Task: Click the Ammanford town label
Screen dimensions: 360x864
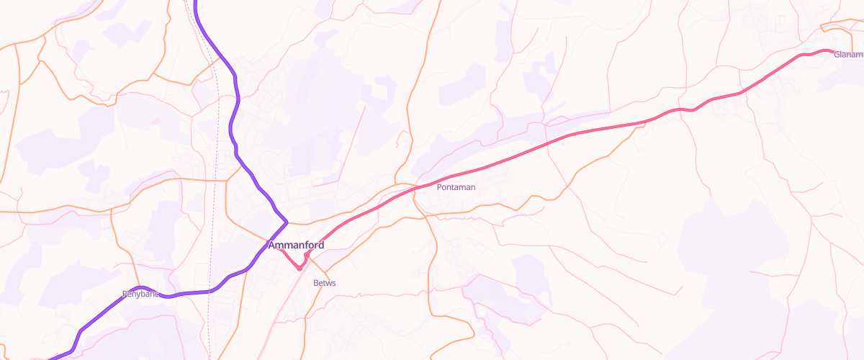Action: click(296, 245)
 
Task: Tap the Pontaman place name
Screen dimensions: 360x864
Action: click(456, 187)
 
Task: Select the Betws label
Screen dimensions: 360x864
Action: click(325, 283)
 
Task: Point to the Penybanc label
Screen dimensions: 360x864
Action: click(140, 294)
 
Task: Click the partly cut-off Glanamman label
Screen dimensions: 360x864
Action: click(848, 55)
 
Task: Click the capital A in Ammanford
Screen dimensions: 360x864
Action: click(272, 245)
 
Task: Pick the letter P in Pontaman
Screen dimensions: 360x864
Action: click(439, 187)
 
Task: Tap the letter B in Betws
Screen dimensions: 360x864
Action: click(316, 283)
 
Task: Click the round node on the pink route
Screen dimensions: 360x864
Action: click(307, 255)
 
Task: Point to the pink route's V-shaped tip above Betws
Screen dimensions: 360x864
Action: click(300, 269)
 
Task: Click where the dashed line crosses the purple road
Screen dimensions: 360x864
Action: click(209, 291)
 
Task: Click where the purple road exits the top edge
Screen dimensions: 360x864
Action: click(195, 1)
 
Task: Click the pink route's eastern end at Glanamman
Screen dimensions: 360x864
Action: click(832, 52)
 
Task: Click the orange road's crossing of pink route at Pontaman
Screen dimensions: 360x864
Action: click(415, 189)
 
